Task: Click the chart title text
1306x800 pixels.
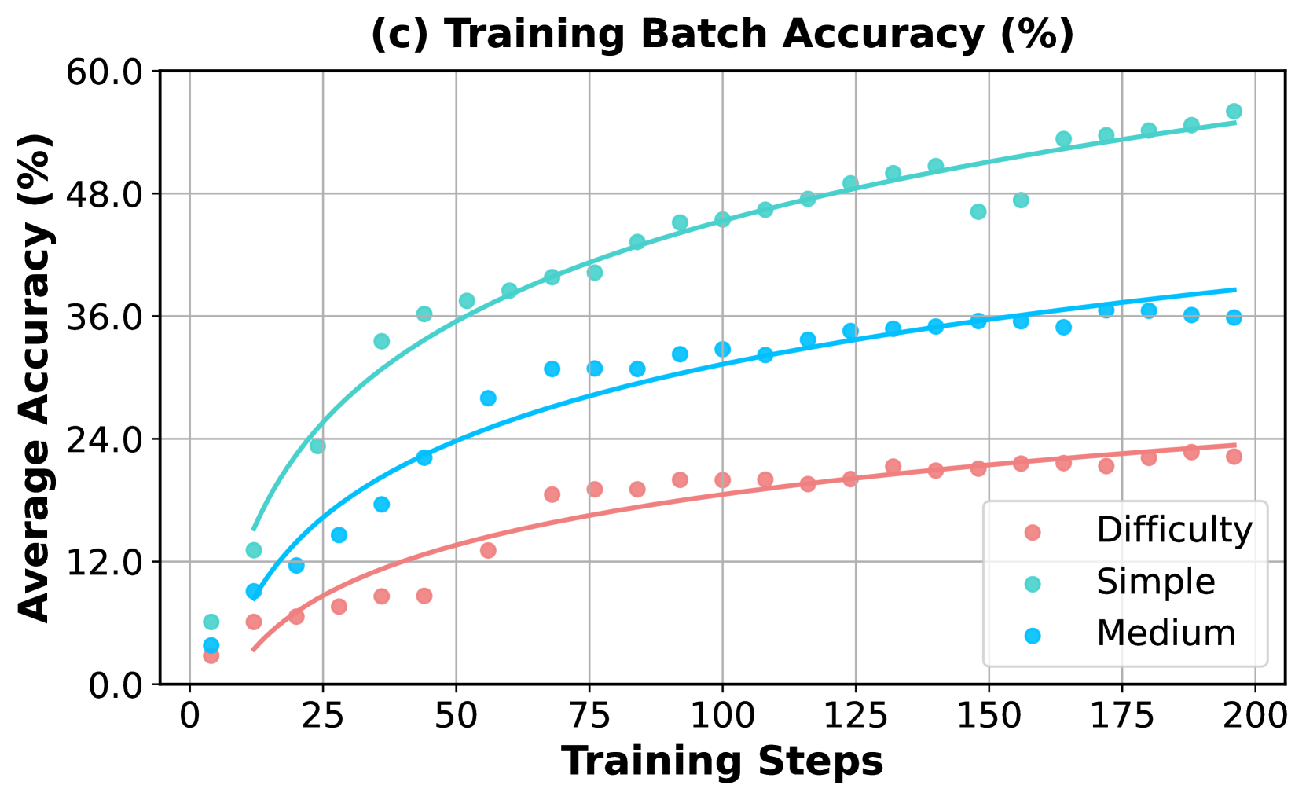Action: click(x=722, y=35)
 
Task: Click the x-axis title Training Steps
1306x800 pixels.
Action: click(x=722, y=761)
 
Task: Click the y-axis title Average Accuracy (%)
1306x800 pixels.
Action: click(x=35, y=377)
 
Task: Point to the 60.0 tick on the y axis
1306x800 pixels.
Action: click(x=103, y=72)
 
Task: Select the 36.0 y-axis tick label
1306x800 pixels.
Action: click(x=103, y=317)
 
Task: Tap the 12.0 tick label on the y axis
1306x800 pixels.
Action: click(x=103, y=562)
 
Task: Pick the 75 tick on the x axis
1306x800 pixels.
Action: click(x=589, y=716)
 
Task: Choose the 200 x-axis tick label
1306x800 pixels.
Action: click(x=1254, y=716)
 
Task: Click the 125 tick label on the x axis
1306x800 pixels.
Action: click(x=855, y=716)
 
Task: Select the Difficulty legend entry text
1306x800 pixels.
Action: click(x=1174, y=530)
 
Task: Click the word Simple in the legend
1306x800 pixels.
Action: click(x=1155, y=582)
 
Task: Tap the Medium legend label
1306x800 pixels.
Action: click(x=1165, y=633)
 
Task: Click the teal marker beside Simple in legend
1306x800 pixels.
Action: click(x=1033, y=583)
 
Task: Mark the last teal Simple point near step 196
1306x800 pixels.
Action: click(x=1234, y=112)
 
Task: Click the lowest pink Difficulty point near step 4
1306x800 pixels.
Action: click(x=211, y=655)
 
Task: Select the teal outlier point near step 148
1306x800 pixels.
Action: click(x=978, y=211)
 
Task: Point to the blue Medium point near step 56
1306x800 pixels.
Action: click(x=488, y=398)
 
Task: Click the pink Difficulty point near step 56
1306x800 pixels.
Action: click(x=488, y=550)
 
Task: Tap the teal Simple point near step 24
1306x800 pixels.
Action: click(x=317, y=446)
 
